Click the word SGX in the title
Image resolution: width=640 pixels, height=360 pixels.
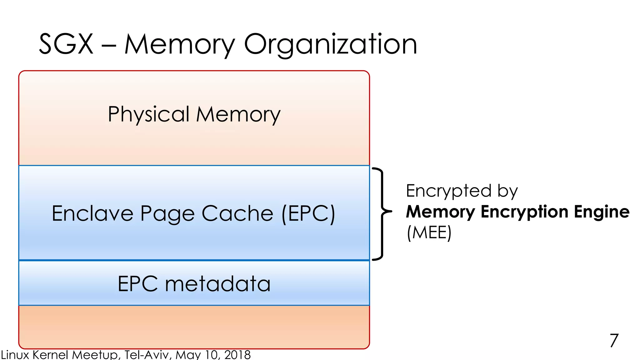point(66,44)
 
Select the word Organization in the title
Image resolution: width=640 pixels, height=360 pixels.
point(330,44)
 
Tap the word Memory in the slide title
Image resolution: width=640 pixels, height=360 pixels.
point(179,44)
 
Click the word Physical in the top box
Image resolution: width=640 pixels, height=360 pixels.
point(149,114)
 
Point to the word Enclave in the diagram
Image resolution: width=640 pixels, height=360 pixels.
point(92,213)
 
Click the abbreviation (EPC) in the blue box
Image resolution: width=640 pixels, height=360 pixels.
point(308,213)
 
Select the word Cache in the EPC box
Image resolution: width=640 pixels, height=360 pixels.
point(237,213)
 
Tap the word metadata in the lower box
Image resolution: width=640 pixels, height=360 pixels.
point(217,284)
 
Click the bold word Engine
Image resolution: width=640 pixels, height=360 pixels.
point(602,212)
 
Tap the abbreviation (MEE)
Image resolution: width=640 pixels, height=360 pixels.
point(429,232)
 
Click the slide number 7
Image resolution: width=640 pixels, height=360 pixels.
point(614,340)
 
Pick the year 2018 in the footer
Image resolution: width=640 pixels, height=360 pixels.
point(237,355)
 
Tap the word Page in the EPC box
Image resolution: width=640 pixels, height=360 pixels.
point(167,214)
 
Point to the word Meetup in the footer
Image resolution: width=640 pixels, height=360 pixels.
point(96,355)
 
